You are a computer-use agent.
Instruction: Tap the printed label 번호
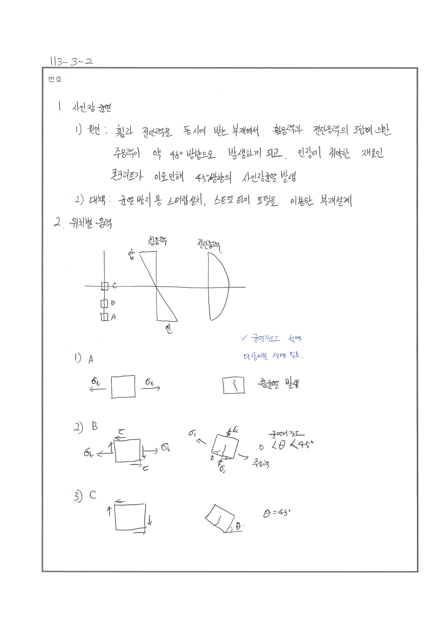click(55, 79)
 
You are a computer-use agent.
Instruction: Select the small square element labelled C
click(105, 286)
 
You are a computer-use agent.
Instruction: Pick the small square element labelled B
click(104, 303)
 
